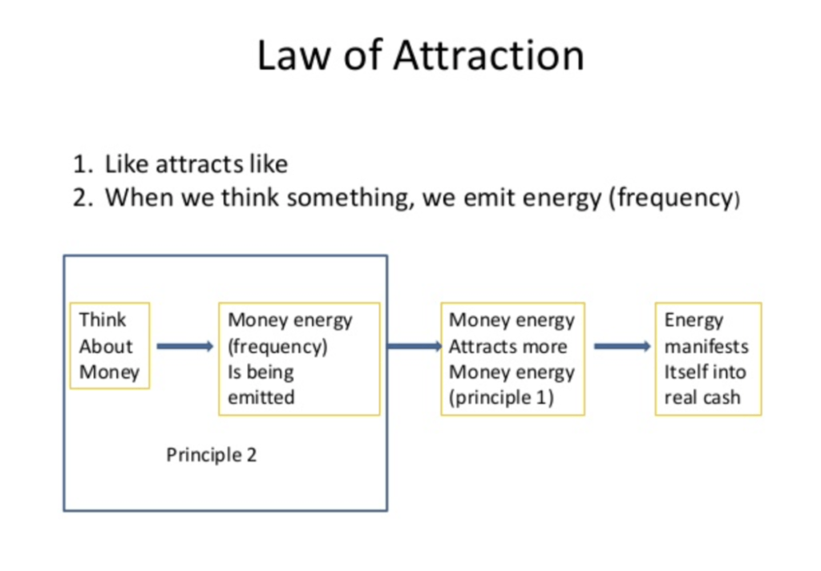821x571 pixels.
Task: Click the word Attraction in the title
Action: pyautogui.click(x=488, y=55)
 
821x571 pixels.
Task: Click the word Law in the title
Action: pyautogui.click(x=294, y=55)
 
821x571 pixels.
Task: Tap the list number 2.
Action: pyautogui.click(x=83, y=198)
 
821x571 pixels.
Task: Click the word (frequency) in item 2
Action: pyautogui.click(x=674, y=199)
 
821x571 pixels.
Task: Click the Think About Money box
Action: pyautogui.click(x=110, y=346)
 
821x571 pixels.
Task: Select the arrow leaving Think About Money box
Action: pyautogui.click(x=185, y=346)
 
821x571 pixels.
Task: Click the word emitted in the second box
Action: pyautogui.click(x=261, y=397)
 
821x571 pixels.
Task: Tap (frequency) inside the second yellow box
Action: pyautogui.click(x=278, y=347)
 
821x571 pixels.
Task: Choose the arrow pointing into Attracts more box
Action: pyautogui.click(x=415, y=346)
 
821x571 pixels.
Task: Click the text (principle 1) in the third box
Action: pyautogui.click(x=501, y=397)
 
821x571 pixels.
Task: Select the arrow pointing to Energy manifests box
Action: pyautogui.click(x=622, y=346)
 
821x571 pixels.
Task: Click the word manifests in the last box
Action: pyautogui.click(x=706, y=346)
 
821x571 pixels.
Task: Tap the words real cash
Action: pyautogui.click(x=702, y=397)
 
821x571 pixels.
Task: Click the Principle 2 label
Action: pyautogui.click(x=212, y=455)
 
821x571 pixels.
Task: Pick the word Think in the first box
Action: pyautogui.click(x=103, y=320)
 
